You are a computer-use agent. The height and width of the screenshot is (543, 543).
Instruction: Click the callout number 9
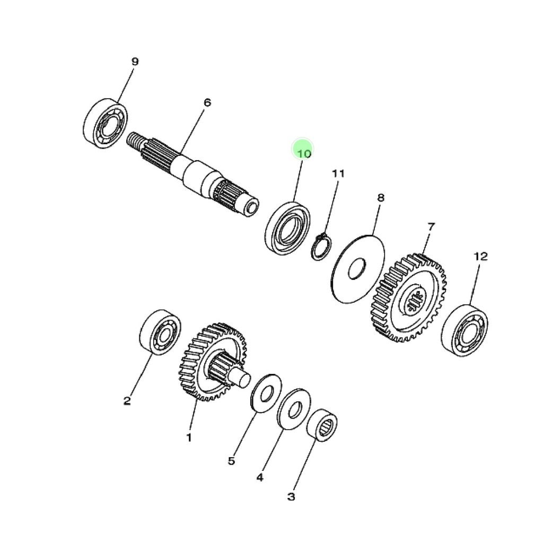click(135, 62)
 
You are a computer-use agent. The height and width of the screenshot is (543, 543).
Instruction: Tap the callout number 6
click(207, 102)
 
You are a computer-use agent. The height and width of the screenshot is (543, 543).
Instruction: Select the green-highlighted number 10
click(304, 153)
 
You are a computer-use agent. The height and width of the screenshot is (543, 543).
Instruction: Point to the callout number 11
click(338, 173)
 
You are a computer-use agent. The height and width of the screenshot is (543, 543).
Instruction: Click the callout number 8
click(381, 198)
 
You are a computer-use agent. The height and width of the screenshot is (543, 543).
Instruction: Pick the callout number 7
click(431, 227)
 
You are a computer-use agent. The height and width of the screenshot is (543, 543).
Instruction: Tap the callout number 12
click(480, 256)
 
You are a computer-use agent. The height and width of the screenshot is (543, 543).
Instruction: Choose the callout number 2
click(127, 401)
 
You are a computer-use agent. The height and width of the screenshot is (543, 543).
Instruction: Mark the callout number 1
click(189, 437)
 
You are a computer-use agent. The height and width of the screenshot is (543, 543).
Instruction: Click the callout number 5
click(231, 461)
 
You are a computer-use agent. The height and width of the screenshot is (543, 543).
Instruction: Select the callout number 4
click(260, 478)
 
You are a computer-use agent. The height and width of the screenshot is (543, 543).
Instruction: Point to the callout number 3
click(291, 496)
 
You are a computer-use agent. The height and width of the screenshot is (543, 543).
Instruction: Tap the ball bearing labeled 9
click(106, 124)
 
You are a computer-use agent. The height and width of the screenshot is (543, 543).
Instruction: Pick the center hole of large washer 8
click(357, 268)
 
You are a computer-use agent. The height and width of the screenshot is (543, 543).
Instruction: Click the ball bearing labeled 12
click(465, 330)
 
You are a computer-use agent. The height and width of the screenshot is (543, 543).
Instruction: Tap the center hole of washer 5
click(266, 394)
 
